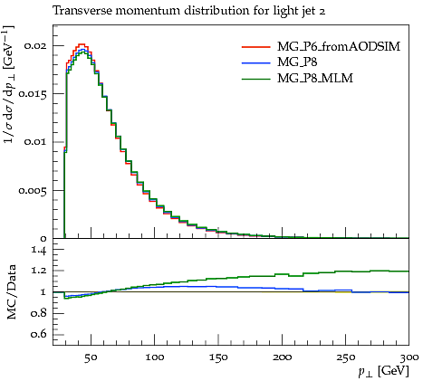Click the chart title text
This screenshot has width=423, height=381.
(x=189, y=11)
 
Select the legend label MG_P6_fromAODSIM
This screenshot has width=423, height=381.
(x=339, y=47)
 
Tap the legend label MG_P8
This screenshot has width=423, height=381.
(x=297, y=62)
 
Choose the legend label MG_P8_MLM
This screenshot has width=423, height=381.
(x=315, y=79)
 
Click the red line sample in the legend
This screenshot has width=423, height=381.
(x=255, y=47)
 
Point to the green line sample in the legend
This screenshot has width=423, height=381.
(x=255, y=79)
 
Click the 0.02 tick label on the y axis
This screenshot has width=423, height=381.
(x=35, y=45)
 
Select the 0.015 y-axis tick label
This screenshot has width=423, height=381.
(x=33, y=94)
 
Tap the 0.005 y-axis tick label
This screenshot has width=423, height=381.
(x=33, y=190)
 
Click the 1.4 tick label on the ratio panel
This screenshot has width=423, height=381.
(x=39, y=251)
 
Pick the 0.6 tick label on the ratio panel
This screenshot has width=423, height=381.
(x=39, y=334)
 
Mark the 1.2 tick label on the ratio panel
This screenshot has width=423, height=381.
(x=39, y=271)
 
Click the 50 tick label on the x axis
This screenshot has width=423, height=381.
(x=91, y=357)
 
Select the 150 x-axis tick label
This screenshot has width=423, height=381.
(x=218, y=357)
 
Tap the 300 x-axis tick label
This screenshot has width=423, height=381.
(x=409, y=357)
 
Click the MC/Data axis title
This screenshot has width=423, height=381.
(x=11, y=291)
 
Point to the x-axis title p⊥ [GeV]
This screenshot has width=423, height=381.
(x=383, y=371)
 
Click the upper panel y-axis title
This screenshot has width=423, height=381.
(x=9, y=84)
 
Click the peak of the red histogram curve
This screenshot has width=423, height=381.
(x=82, y=44)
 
